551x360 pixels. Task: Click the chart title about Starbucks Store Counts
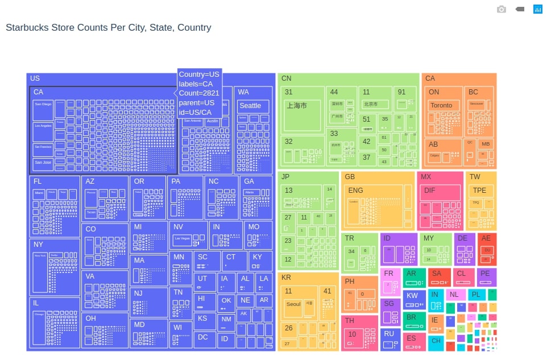point(108,27)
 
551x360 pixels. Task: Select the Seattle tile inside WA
point(250,106)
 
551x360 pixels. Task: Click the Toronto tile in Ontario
point(441,105)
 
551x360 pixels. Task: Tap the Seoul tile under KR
point(293,304)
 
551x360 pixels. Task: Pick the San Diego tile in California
point(43,105)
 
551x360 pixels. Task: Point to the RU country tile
point(389,334)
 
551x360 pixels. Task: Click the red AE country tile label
point(486,238)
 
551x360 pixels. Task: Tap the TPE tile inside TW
point(480,191)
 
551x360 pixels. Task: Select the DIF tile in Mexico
point(430,191)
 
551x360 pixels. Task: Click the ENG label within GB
point(355,191)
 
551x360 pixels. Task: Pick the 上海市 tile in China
point(296,106)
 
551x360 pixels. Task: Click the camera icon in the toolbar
point(501,9)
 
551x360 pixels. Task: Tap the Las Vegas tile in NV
point(182,238)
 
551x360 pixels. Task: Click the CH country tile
point(436,341)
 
